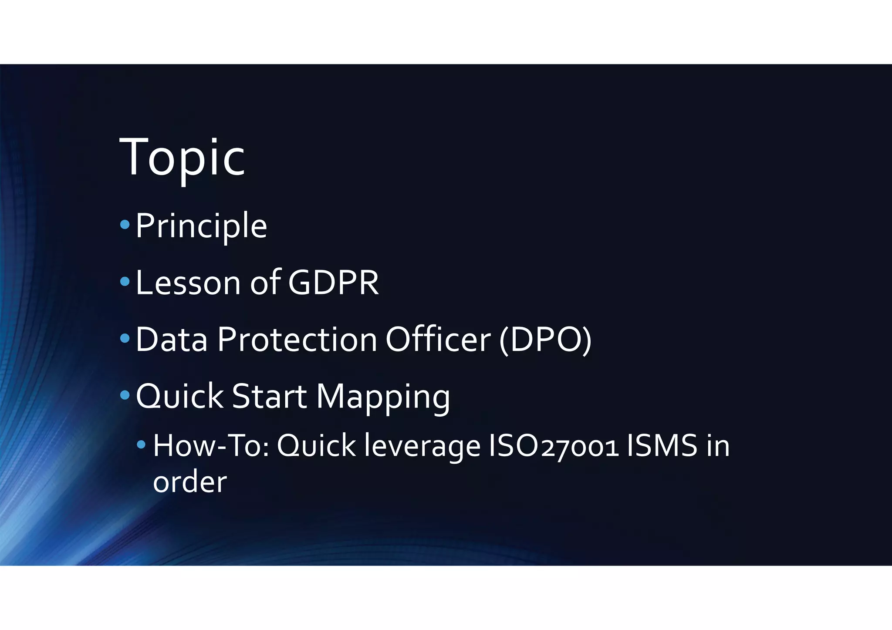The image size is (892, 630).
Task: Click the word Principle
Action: pos(201,226)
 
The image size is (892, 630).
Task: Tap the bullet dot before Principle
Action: pos(125,225)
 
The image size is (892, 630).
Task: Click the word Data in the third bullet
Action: pos(172,340)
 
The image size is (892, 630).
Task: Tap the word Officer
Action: pos(438,340)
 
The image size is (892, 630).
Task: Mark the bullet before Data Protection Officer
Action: pos(125,338)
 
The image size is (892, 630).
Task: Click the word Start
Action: pos(269,396)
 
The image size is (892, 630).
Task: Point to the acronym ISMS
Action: pos(662,446)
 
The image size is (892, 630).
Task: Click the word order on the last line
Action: pos(189,482)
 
